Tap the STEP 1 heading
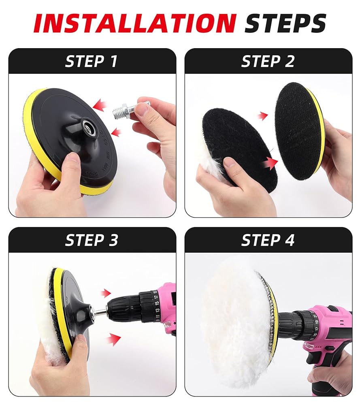click(x=92, y=62)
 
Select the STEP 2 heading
click(x=268, y=62)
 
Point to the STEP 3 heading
click(x=92, y=240)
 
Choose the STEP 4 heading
click(x=268, y=240)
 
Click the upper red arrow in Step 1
click(x=100, y=105)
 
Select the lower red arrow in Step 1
click(x=117, y=132)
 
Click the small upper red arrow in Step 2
click(x=264, y=116)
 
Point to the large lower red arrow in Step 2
click(x=270, y=163)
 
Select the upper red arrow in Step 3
click(x=106, y=293)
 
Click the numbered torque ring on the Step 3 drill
click(x=149, y=306)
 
